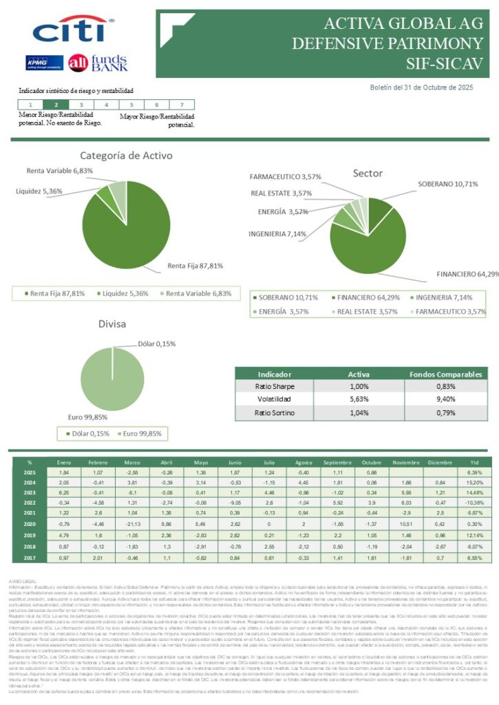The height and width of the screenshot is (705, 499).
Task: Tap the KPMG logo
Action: point(44,63)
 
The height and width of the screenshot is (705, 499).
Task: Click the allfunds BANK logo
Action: point(98,63)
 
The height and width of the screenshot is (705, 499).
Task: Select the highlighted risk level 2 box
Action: point(56,104)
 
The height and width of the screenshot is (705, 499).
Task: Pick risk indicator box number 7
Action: point(182,104)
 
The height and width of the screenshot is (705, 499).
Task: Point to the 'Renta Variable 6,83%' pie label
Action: point(60,170)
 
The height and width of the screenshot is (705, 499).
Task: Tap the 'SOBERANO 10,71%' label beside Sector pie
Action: point(447,184)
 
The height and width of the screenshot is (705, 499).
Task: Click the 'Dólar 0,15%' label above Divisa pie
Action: point(157,344)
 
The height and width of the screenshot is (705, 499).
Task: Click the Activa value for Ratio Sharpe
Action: point(358,386)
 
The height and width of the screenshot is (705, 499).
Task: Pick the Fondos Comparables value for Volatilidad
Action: point(445,399)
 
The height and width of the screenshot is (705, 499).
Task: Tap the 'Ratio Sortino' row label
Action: point(274,413)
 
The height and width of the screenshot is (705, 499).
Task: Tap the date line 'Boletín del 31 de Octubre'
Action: point(422,87)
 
